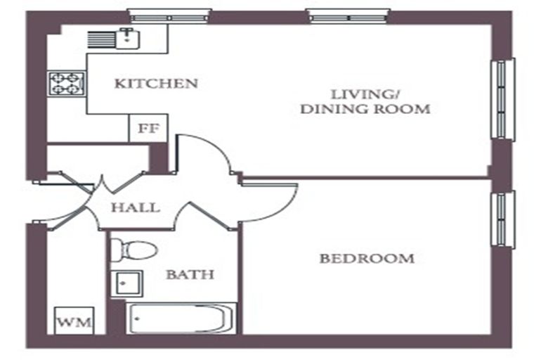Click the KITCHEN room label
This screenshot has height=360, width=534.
pos(156,84)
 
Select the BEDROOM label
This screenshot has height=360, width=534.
pos(367,259)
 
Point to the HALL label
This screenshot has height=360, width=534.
pos(136,207)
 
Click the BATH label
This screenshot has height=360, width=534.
pos(190,274)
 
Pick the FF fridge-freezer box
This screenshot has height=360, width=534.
pos(148,128)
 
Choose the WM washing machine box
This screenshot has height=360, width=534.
pos(74,321)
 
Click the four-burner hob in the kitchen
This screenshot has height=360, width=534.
pos(67,84)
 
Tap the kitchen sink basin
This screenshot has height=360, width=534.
pos(128,39)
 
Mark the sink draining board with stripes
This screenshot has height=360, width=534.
pos(102,39)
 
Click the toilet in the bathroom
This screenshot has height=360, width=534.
pos(134,250)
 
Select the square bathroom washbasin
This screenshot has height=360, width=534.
pos(126,283)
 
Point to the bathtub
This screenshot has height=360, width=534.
pos(181,319)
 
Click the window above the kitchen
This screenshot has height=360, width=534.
pos(169,16)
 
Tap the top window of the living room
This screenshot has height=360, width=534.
pos(348,16)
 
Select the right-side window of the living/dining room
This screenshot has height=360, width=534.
pos(502,99)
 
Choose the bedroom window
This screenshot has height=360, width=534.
pos(502,219)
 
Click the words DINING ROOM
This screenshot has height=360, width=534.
pos(365,109)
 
